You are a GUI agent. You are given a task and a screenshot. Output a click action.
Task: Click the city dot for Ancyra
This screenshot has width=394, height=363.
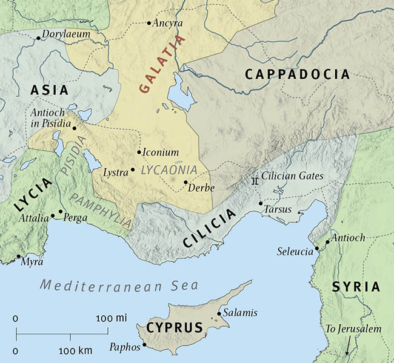(149, 23)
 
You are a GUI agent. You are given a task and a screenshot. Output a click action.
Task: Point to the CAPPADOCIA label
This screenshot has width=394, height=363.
(297, 74)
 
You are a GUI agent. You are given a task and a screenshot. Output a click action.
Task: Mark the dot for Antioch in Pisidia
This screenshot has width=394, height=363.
(74, 128)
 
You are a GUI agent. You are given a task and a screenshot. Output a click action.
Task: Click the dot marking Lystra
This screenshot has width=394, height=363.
(133, 169)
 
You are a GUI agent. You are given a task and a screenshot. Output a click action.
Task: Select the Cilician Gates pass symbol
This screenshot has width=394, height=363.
(256, 180)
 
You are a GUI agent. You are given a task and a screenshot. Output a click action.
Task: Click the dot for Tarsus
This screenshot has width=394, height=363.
(261, 203)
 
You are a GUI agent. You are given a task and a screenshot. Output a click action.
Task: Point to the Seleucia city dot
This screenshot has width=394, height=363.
(317, 248)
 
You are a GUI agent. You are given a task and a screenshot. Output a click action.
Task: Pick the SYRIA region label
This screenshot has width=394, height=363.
(356, 287)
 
